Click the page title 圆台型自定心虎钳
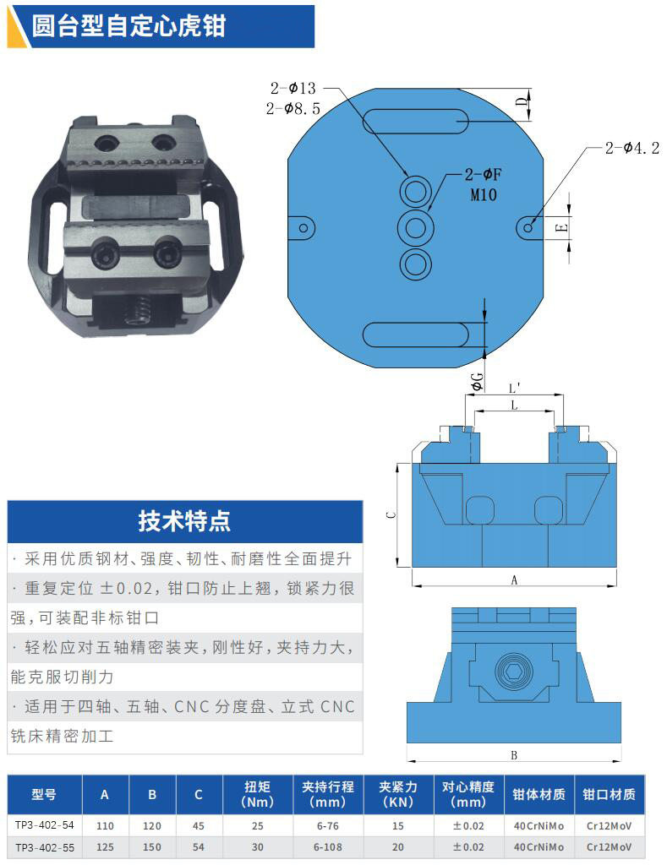pyautogui.click(x=128, y=26)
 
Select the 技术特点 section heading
pyautogui.click(x=184, y=520)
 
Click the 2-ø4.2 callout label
pyautogui.click(x=632, y=148)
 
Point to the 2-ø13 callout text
pyautogui.click(x=292, y=88)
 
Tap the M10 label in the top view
pyautogui.click(x=484, y=195)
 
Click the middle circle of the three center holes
pyautogui.click(x=416, y=228)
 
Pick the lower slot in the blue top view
pyautogui.click(x=415, y=335)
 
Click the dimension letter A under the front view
pyautogui.click(x=514, y=579)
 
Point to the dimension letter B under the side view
pyautogui.click(x=514, y=755)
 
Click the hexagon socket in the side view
pyautogui.click(x=514, y=672)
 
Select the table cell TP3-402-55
pyautogui.click(x=44, y=847)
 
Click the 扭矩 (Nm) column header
pyautogui.click(x=257, y=794)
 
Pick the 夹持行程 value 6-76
pyautogui.click(x=328, y=826)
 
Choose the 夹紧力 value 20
pyautogui.click(x=398, y=846)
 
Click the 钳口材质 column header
pyautogui.click(x=609, y=794)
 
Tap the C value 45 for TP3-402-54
pyautogui.click(x=199, y=826)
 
